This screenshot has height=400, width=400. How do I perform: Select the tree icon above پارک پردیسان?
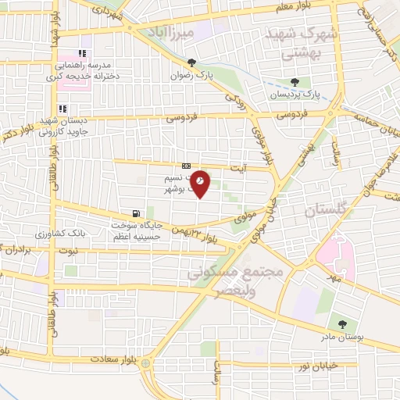[x=295, y=82]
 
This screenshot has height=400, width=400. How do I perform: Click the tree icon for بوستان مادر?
[x=341, y=323]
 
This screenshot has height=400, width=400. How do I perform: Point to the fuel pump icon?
[x=137, y=213]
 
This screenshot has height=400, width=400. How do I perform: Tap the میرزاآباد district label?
[x=174, y=32]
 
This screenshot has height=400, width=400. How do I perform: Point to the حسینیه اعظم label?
[x=129, y=236]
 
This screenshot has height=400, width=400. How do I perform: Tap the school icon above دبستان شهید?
[x=62, y=109]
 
